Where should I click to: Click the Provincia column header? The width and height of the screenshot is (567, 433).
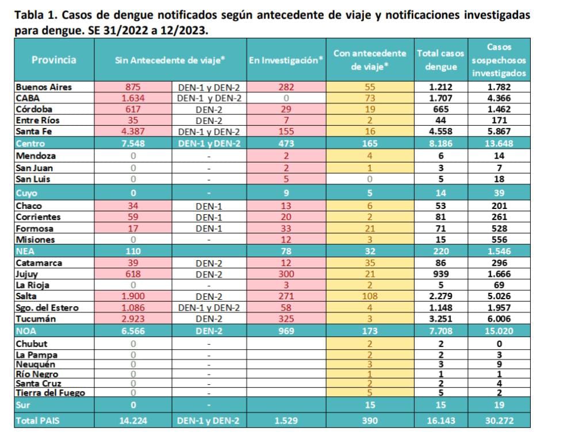tap(53, 60)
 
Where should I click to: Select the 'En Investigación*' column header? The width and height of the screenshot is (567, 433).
tap(286, 60)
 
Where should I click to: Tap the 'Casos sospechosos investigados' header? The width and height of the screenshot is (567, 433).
tap(499, 60)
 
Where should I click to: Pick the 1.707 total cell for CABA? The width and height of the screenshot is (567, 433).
tap(440, 98)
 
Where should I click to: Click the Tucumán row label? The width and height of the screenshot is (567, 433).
tap(36, 319)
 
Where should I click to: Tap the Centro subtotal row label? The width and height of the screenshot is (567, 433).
tap(31, 144)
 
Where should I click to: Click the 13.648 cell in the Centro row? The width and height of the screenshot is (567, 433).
tap(499, 144)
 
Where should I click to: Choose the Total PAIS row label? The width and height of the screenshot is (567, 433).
tap(37, 420)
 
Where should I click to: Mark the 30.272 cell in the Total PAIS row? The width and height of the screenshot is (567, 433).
tap(499, 420)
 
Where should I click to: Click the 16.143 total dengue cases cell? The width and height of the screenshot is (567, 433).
tap(440, 420)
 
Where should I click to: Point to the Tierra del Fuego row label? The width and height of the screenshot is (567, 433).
tap(51, 393)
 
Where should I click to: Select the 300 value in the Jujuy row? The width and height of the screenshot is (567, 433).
tap(286, 274)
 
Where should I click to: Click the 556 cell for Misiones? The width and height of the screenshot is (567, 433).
tap(499, 239)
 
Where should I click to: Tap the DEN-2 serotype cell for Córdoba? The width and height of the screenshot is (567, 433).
tap(209, 109)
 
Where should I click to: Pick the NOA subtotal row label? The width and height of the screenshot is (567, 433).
tap(27, 331)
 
